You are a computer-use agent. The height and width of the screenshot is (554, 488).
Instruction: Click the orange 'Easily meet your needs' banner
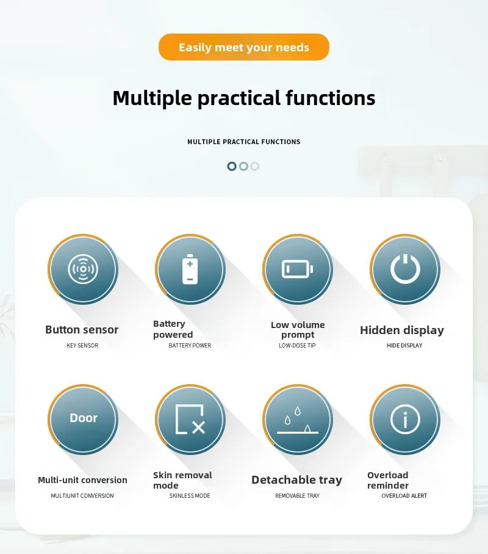244,47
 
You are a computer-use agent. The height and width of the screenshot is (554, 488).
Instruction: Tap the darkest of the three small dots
232,166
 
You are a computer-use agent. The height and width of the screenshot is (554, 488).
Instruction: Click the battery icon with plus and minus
190,269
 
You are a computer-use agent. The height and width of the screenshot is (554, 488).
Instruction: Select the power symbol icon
405,269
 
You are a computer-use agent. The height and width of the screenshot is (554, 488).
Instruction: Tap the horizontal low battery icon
298,269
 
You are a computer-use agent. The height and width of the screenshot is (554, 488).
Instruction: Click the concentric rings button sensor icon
83,269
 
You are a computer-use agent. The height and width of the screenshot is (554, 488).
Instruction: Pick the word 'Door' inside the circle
84,418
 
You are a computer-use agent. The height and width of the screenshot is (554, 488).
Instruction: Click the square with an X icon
190,420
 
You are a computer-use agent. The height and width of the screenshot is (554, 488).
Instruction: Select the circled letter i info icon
405,419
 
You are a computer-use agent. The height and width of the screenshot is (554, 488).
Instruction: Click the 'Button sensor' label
82,330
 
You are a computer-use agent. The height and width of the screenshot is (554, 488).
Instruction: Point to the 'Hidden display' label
402,330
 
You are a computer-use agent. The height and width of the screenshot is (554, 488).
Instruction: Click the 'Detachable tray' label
296,480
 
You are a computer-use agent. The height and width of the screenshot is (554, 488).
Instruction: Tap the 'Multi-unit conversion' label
82,480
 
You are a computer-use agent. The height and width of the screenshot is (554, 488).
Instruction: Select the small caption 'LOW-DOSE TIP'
297,346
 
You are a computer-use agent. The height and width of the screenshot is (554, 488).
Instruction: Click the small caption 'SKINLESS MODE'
190,496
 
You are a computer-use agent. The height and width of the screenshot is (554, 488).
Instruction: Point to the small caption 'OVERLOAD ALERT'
404,496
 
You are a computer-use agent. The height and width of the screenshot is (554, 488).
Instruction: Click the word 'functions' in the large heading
330,98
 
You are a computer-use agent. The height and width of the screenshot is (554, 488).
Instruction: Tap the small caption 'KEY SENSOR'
82,346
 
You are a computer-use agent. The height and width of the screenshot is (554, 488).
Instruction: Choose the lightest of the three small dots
255,166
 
